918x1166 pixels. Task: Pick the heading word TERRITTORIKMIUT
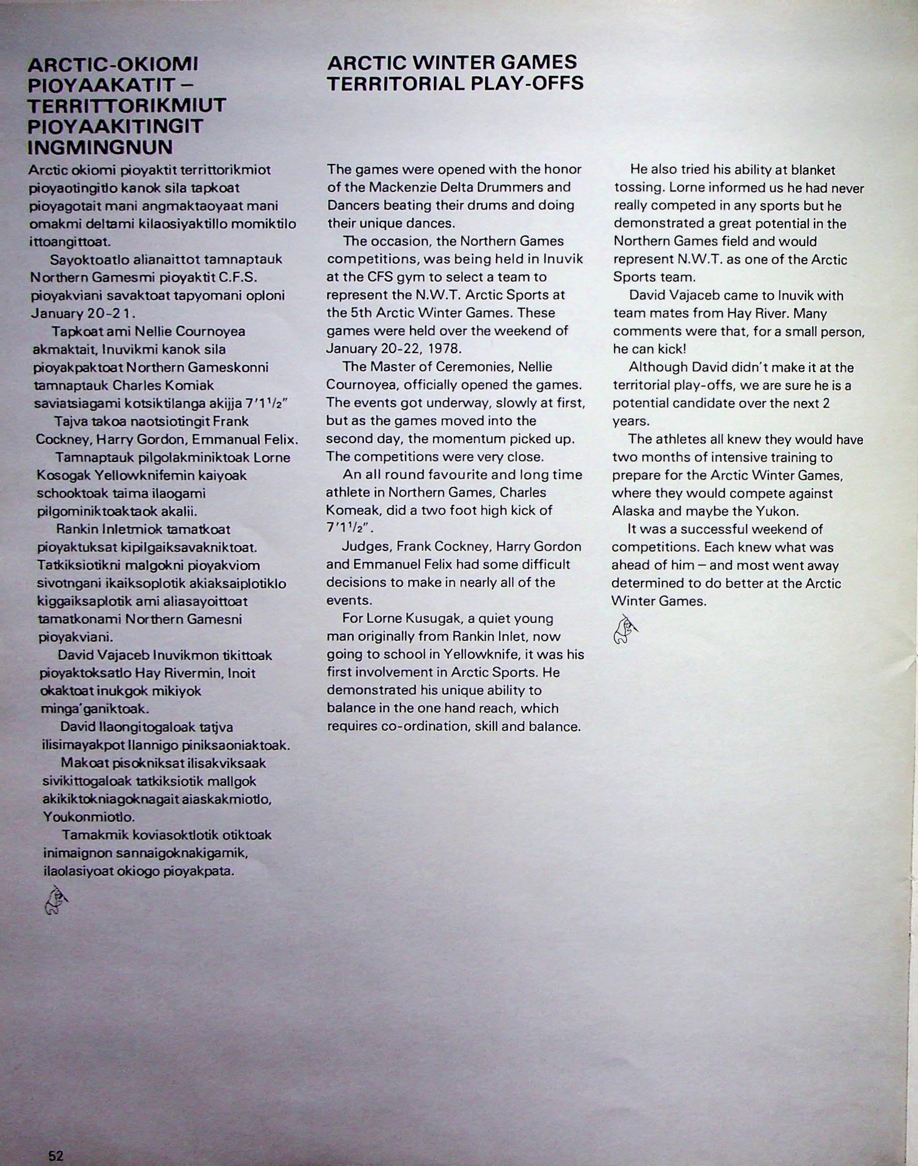click(x=127, y=106)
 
